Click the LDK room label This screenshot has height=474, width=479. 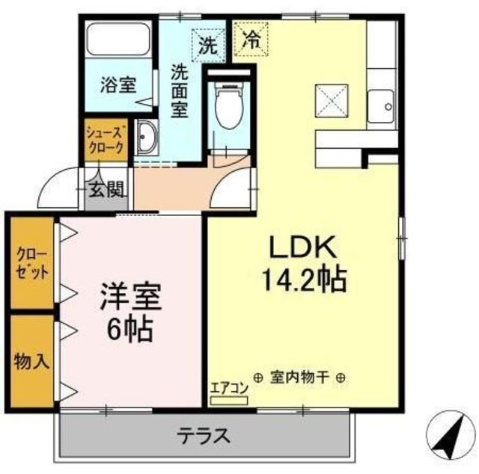click(x=302, y=247)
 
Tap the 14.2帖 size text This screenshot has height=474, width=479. click(x=305, y=280)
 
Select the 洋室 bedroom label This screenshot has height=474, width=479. click(x=131, y=297)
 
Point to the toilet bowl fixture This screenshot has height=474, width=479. click(x=229, y=105)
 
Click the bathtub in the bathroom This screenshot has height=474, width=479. click(x=118, y=38)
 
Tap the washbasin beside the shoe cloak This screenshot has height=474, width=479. click(x=147, y=138)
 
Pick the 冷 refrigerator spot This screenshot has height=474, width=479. click(x=251, y=40)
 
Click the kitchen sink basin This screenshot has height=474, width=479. click(x=380, y=106)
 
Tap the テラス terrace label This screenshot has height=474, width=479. click(x=204, y=435)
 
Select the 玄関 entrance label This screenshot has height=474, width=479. click(x=106, y=190)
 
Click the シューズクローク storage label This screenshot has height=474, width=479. click(x=106, y=140)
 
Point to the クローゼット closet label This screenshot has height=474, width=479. click(x=32, y=263)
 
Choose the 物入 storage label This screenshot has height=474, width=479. click(x=31, y=362)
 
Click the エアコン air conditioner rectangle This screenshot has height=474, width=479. click(x=229, y=401)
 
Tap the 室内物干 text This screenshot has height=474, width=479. click(x=299, y=378)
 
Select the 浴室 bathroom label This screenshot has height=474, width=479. click(x=118, y=84)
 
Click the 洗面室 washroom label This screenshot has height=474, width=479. click(x=180, y=91)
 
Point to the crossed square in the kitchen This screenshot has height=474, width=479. click(x=332, y=100)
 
